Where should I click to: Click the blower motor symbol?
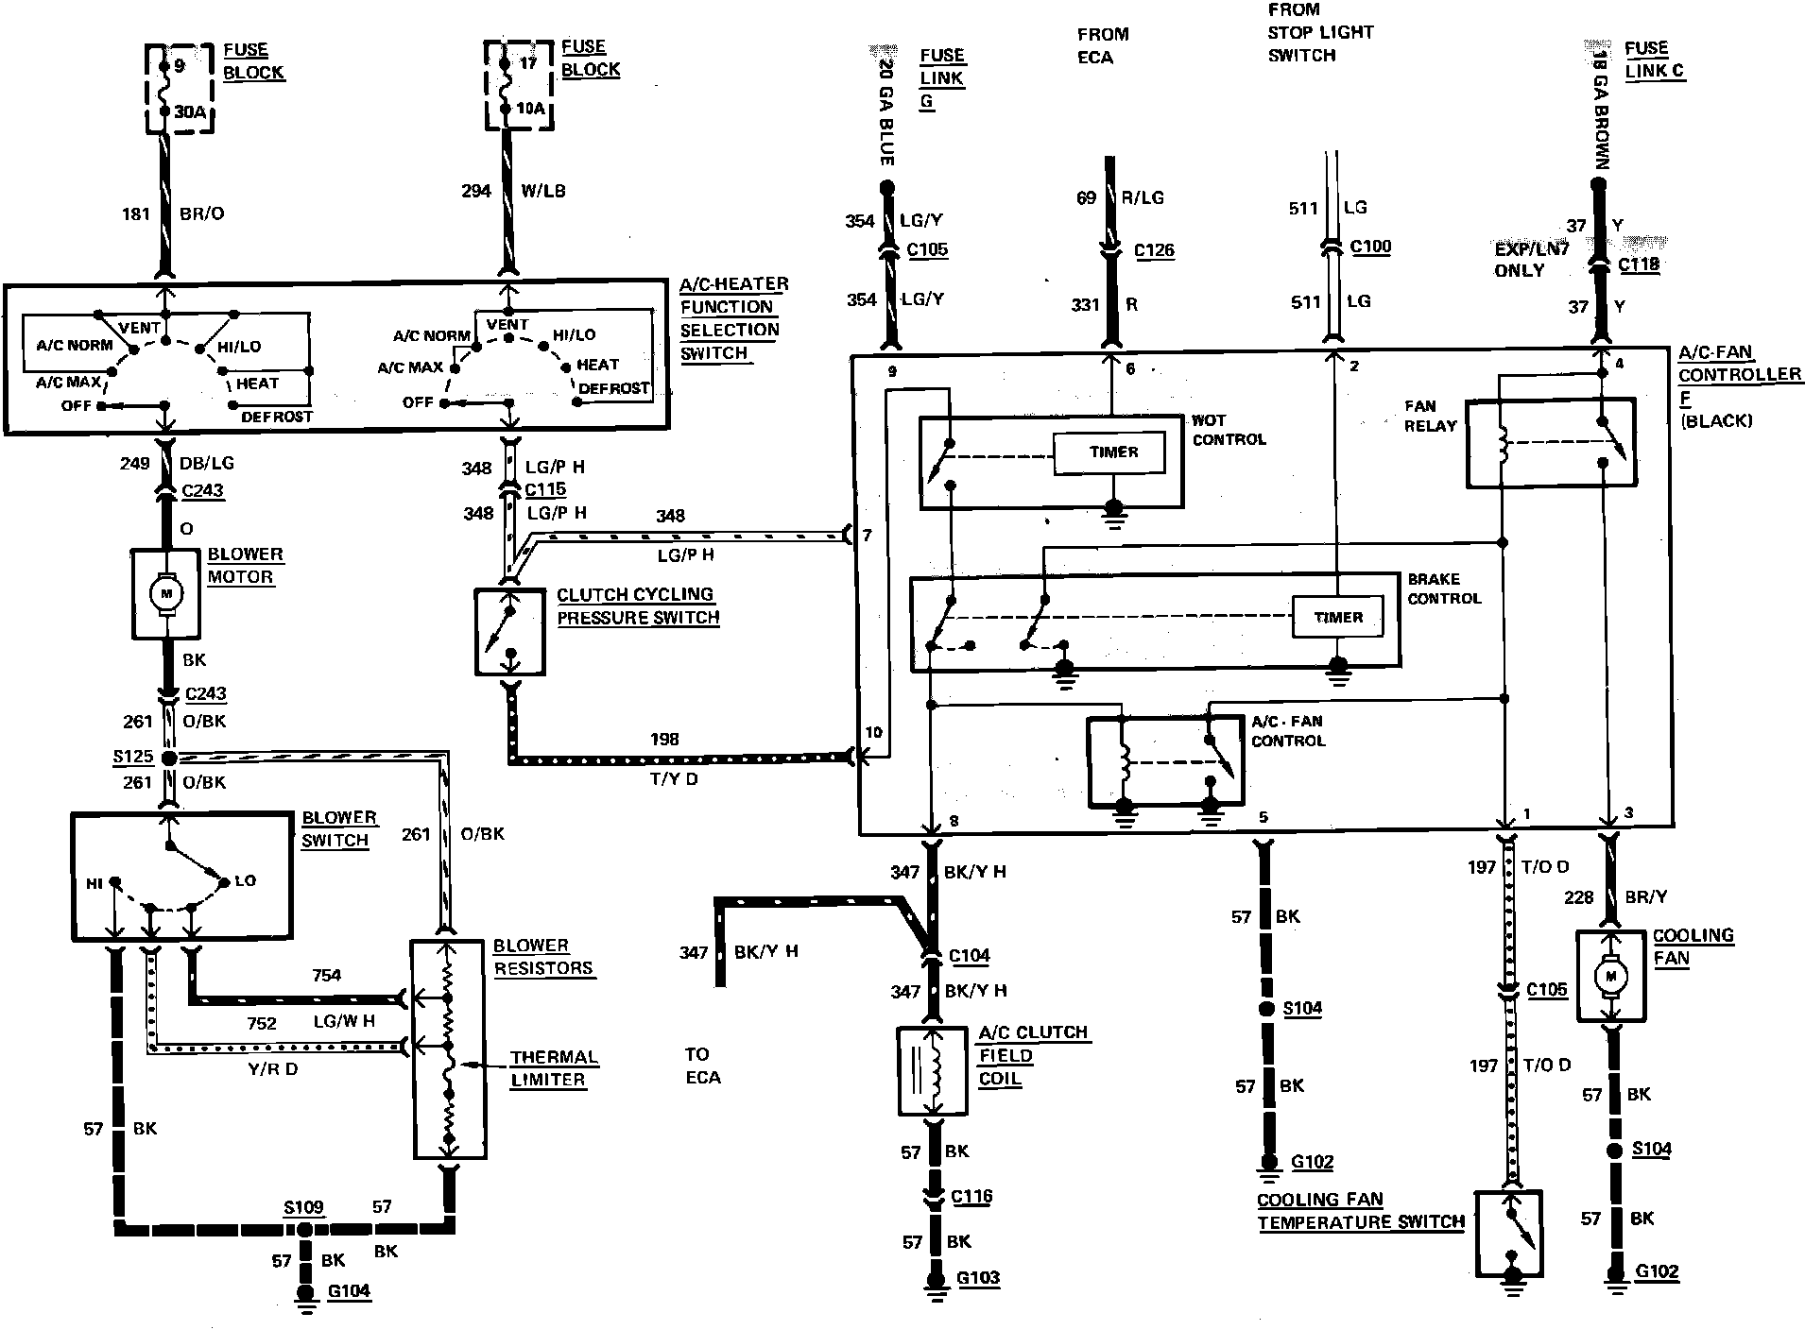[166, 593]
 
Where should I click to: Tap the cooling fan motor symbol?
[1612, 977]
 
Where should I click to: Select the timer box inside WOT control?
[1113, 452]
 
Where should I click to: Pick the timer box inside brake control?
[1338, 618]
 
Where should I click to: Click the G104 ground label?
[349, 1291]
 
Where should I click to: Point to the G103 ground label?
[978, 1278]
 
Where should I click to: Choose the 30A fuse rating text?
[190, 112]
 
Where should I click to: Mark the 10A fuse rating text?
[530, 109]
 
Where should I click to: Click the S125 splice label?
[132, 757]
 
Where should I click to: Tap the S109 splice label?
[303, 1207]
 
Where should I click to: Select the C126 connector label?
[1154, 250]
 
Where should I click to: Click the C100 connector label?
[1370, 247]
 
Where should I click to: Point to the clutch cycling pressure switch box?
[510, 632]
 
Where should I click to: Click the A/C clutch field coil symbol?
[933, 1072]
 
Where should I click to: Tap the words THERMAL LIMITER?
[554, 1068]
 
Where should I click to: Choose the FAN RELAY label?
[1429, 416]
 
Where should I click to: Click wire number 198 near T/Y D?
[664, 739]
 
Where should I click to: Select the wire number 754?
[326, 975]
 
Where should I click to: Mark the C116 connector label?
[971, 1196]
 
